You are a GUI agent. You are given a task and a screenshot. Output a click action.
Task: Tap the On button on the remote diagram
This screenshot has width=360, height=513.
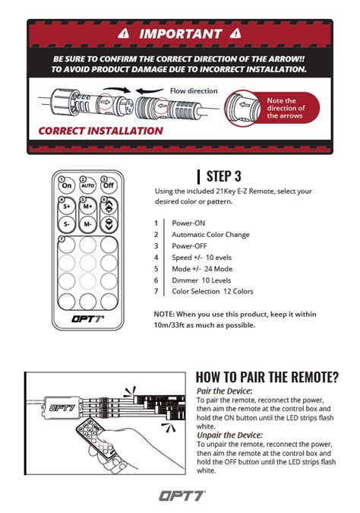click(67, 185)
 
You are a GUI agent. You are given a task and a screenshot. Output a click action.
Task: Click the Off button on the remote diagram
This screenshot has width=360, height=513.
click(109, 185)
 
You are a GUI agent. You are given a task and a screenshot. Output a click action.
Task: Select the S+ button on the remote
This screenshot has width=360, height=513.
click(67, 207)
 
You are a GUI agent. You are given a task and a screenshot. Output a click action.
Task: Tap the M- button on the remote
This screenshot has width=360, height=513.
click(87, 224)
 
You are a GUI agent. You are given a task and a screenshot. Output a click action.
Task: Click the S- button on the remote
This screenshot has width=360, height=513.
click(67, 224)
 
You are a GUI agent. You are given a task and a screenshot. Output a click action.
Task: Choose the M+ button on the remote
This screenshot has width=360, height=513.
click(87, 207)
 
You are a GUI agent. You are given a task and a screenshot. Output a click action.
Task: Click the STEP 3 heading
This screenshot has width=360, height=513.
click(223, 176)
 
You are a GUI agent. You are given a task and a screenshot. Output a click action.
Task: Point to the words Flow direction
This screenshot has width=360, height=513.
click(194, 91)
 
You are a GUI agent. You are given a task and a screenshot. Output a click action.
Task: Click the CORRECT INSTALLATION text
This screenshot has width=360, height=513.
click(100, 131)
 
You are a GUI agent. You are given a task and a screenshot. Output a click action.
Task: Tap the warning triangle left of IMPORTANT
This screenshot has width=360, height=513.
click(124, 33)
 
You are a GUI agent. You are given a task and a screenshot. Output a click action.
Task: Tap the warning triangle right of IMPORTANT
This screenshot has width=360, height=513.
click(235, 33)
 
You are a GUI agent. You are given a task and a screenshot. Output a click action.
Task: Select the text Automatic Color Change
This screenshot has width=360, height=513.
click(210, 235)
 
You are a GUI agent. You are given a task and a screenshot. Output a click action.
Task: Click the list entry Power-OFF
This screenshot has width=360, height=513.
click(189, 245)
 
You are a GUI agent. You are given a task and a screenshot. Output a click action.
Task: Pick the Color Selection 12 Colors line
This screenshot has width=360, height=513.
click(213, 291)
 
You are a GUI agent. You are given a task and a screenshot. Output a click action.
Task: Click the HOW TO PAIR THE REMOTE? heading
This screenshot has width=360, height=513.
click(267, 377)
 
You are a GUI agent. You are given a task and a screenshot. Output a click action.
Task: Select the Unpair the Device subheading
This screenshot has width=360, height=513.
click(229, 435)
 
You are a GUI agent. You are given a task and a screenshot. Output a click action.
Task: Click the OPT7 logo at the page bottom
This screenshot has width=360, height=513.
click(182, 496)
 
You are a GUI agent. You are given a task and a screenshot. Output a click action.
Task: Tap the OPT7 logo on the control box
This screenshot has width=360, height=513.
click(62, 408)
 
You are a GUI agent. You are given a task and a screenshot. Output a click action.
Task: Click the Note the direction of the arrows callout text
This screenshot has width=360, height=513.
click(286, 108)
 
